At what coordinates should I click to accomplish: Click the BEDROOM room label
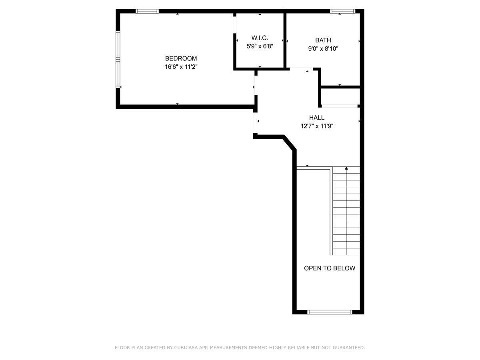pos(181,58)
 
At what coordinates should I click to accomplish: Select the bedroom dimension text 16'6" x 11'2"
pos(181,67)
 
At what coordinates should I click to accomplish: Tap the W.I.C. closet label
pos(260,38)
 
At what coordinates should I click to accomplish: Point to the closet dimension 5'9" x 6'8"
pos(260,46)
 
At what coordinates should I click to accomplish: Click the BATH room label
pos(323,40)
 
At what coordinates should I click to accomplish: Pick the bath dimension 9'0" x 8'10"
pos(323,48)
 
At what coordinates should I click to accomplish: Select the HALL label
pos(316,118)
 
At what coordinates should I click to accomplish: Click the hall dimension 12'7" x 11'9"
pos(317,126)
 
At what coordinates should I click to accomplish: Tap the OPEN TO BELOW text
pos(329,268)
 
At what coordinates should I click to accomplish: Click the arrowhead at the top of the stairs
pos(346,168)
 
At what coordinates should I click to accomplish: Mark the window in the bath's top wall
pos(343,11)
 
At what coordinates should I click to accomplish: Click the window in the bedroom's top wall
pos(147,11)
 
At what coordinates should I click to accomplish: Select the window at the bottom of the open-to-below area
pos(330,312)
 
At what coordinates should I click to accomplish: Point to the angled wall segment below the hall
pos(290,143)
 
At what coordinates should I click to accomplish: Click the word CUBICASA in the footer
pos(186,348)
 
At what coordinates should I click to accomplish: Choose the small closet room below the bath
pos(340,96)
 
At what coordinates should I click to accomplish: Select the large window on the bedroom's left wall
pos(118,59)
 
